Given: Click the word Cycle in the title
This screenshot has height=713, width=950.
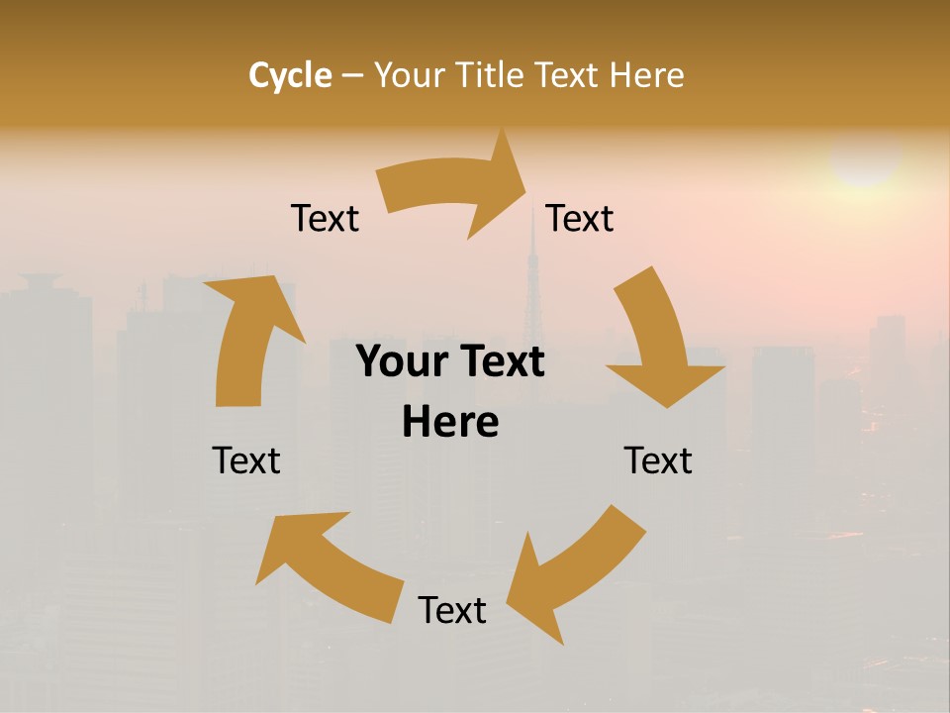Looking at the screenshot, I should click(290, 75).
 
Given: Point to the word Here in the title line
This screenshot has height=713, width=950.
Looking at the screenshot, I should click(648, 75).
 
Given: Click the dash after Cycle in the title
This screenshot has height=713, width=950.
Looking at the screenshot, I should click(352, 76).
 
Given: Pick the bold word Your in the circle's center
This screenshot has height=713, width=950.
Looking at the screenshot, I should click(402, 362).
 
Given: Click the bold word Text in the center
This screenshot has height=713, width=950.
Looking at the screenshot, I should click(501, 362).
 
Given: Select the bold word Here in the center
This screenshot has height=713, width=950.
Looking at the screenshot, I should click(450, 423).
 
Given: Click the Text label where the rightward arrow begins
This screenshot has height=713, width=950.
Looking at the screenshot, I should click(325, 218).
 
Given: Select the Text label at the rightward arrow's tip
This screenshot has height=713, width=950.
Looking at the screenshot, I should click(580, 218).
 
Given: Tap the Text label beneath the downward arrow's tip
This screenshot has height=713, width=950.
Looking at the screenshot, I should click(658, 460).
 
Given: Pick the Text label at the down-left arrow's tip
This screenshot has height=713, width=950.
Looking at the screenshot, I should click(452, 610).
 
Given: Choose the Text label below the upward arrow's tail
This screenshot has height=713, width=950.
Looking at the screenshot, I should click(246, 460).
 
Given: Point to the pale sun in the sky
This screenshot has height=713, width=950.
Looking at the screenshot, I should click(865, 158).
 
